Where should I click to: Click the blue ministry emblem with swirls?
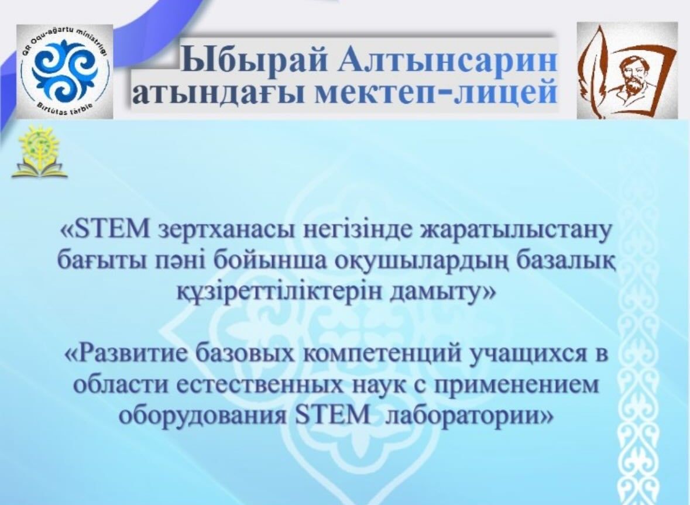64,72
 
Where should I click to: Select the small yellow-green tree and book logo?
40,152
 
